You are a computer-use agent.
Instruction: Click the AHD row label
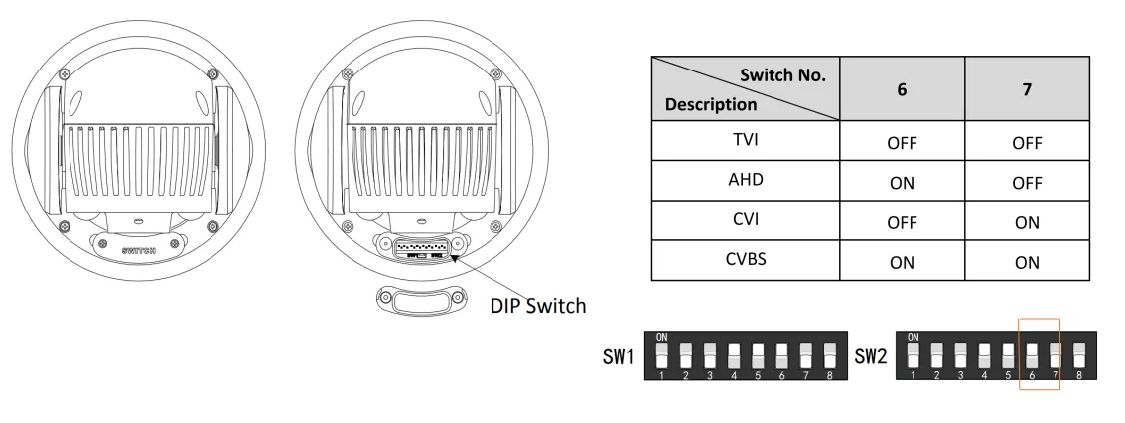(x=745, y=181)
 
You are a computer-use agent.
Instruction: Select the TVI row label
(x=745, y=140)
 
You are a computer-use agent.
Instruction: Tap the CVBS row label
(x=745, y=260)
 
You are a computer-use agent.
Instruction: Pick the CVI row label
(x=745, y=220)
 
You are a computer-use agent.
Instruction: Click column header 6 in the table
(x=902, y=88)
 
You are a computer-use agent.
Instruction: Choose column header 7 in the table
(x=1027, y=88)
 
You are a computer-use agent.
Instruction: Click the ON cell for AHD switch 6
(x=902, y=183)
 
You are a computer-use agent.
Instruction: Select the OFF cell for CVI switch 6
(x=902, y=223)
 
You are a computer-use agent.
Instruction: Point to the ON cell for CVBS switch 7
(x=1027, y=263)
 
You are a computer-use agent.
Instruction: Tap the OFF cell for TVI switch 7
(x=1027, y=143)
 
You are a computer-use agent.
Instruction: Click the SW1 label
(x=619, y=356)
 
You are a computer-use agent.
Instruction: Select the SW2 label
(x=871, y=356)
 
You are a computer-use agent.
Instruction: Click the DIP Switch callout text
(x=538, y=306)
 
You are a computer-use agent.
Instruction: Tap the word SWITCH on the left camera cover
(x=139, y=250)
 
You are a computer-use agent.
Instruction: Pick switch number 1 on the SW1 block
(x=662, y=353)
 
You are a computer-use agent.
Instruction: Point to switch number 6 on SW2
(x=1032, y=353)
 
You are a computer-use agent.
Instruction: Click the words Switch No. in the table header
(x=782, y=74)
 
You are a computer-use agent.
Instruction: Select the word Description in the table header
(x=711, y=103)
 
